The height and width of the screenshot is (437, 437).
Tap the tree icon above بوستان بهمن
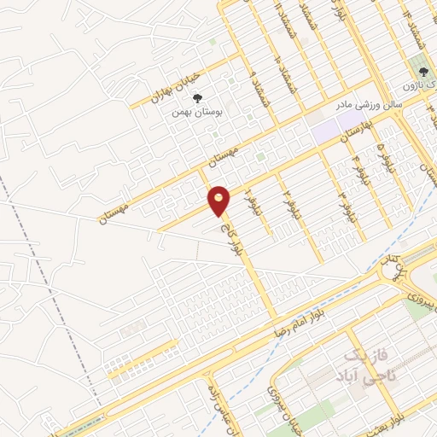[x=198, y=98]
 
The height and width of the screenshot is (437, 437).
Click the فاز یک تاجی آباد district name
[x=368, y=364]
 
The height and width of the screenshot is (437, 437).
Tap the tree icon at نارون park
[x=422, y=73]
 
